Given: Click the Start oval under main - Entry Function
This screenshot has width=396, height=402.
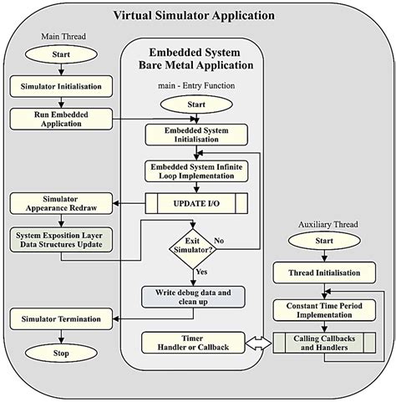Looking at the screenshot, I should tap(197, 104).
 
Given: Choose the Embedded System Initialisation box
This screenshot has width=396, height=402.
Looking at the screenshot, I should tap(197, 135).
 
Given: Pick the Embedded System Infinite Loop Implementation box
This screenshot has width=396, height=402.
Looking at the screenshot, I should tap(197, 171).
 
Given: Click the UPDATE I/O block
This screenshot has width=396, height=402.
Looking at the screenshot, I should tap(197, 204).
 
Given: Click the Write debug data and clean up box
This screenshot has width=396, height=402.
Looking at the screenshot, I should tap(197, 298).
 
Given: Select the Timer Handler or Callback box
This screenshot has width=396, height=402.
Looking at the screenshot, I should tap(197, 342).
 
